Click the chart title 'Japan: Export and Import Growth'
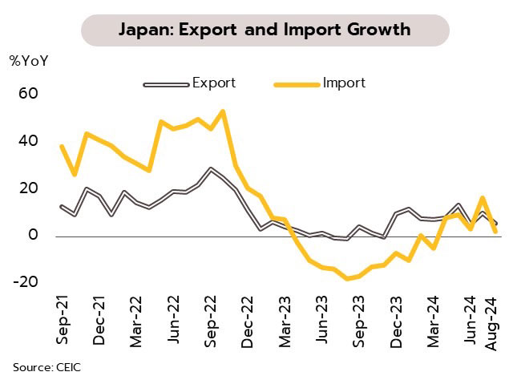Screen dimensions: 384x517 click(x=265, y=30)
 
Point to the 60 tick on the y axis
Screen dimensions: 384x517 click(x=28, y=94)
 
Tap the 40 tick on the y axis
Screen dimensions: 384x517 click(x=28, y=141)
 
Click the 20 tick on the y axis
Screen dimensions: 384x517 click(x=28, y=188)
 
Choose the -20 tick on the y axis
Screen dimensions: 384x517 click(x=26, y=282)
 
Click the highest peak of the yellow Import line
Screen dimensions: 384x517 click(x=222, y=111)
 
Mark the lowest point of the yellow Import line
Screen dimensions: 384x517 click(x=347, y=279)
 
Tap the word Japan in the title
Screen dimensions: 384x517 click(x=145, y=30)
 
